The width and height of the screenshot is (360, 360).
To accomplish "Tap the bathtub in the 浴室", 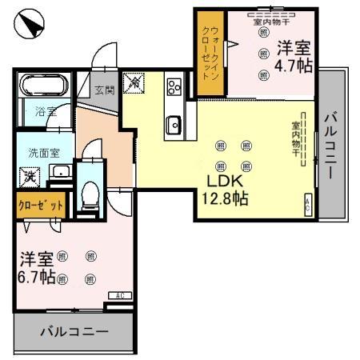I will point(45,86).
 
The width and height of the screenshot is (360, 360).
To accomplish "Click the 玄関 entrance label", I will point(104,90).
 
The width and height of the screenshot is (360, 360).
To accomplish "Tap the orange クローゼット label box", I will point(41,205).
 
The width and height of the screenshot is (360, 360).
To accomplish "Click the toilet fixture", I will point(90,193).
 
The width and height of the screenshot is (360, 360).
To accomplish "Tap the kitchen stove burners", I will point(174,87).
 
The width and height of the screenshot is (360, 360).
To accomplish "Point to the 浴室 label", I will point(45,112).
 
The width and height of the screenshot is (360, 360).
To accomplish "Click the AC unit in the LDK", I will point(307,204).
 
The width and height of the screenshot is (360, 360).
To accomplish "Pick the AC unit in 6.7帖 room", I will point(119,296).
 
